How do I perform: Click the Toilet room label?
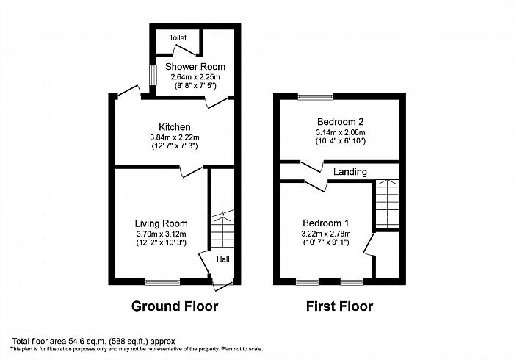178,37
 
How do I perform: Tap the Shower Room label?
195,67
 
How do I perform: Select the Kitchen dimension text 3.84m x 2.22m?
175,137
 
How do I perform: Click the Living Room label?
162,223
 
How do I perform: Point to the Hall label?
223,259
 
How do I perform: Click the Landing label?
350,172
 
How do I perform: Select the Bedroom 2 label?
340,122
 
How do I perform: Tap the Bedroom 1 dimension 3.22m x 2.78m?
326,234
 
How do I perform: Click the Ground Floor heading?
175,306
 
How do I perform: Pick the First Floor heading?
339,306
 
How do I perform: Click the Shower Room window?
153,75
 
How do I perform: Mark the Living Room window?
162,281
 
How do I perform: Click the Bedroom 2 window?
316,96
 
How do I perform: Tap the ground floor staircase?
222,229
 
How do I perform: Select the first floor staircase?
387,204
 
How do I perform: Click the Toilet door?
185,50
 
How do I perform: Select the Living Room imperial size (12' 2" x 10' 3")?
162,243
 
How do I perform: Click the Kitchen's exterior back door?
128,90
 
